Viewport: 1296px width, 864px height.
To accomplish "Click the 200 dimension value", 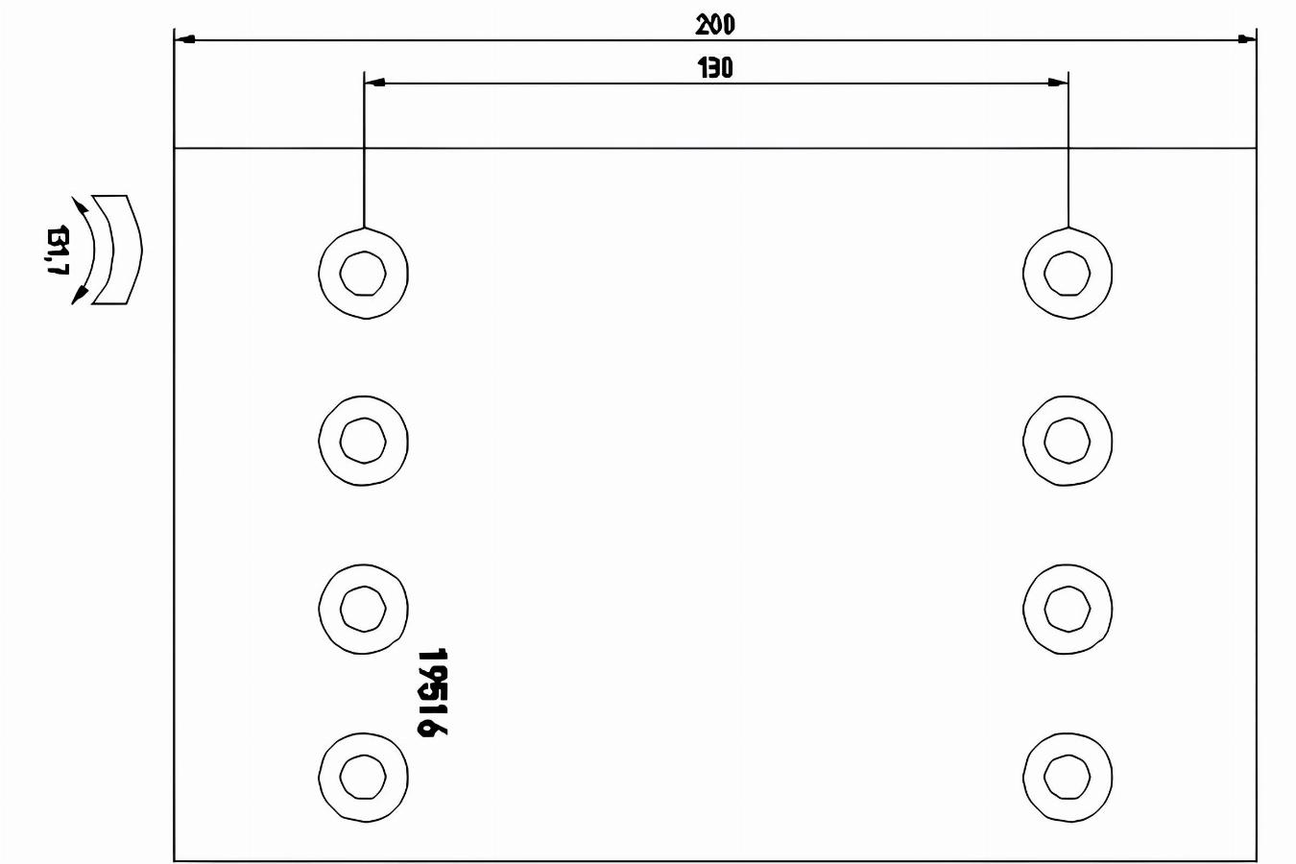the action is pyautogui.click(x=715, y=25).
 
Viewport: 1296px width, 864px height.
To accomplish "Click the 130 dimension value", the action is pyautogui.click(x=715, y=68).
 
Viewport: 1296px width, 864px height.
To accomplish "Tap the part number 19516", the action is pyautogui.click(x=433, y=692).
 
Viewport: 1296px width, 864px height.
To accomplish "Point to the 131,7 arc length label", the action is pyautogui.click(x=59, y=250).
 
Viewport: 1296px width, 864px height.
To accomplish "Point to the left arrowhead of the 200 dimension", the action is pyautogui.click(x=184, y=39).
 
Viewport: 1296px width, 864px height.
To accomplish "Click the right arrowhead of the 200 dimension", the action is pyautogui.click(x=1246, y=39).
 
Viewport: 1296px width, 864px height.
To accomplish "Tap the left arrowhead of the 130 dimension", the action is pyautogui.click(x=374, y=83).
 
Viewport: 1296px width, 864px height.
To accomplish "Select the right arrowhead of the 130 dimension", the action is pyautogui.click(x=1058, y=83).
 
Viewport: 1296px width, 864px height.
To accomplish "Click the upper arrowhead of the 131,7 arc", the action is pyautogui.click(x=80, y=204).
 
